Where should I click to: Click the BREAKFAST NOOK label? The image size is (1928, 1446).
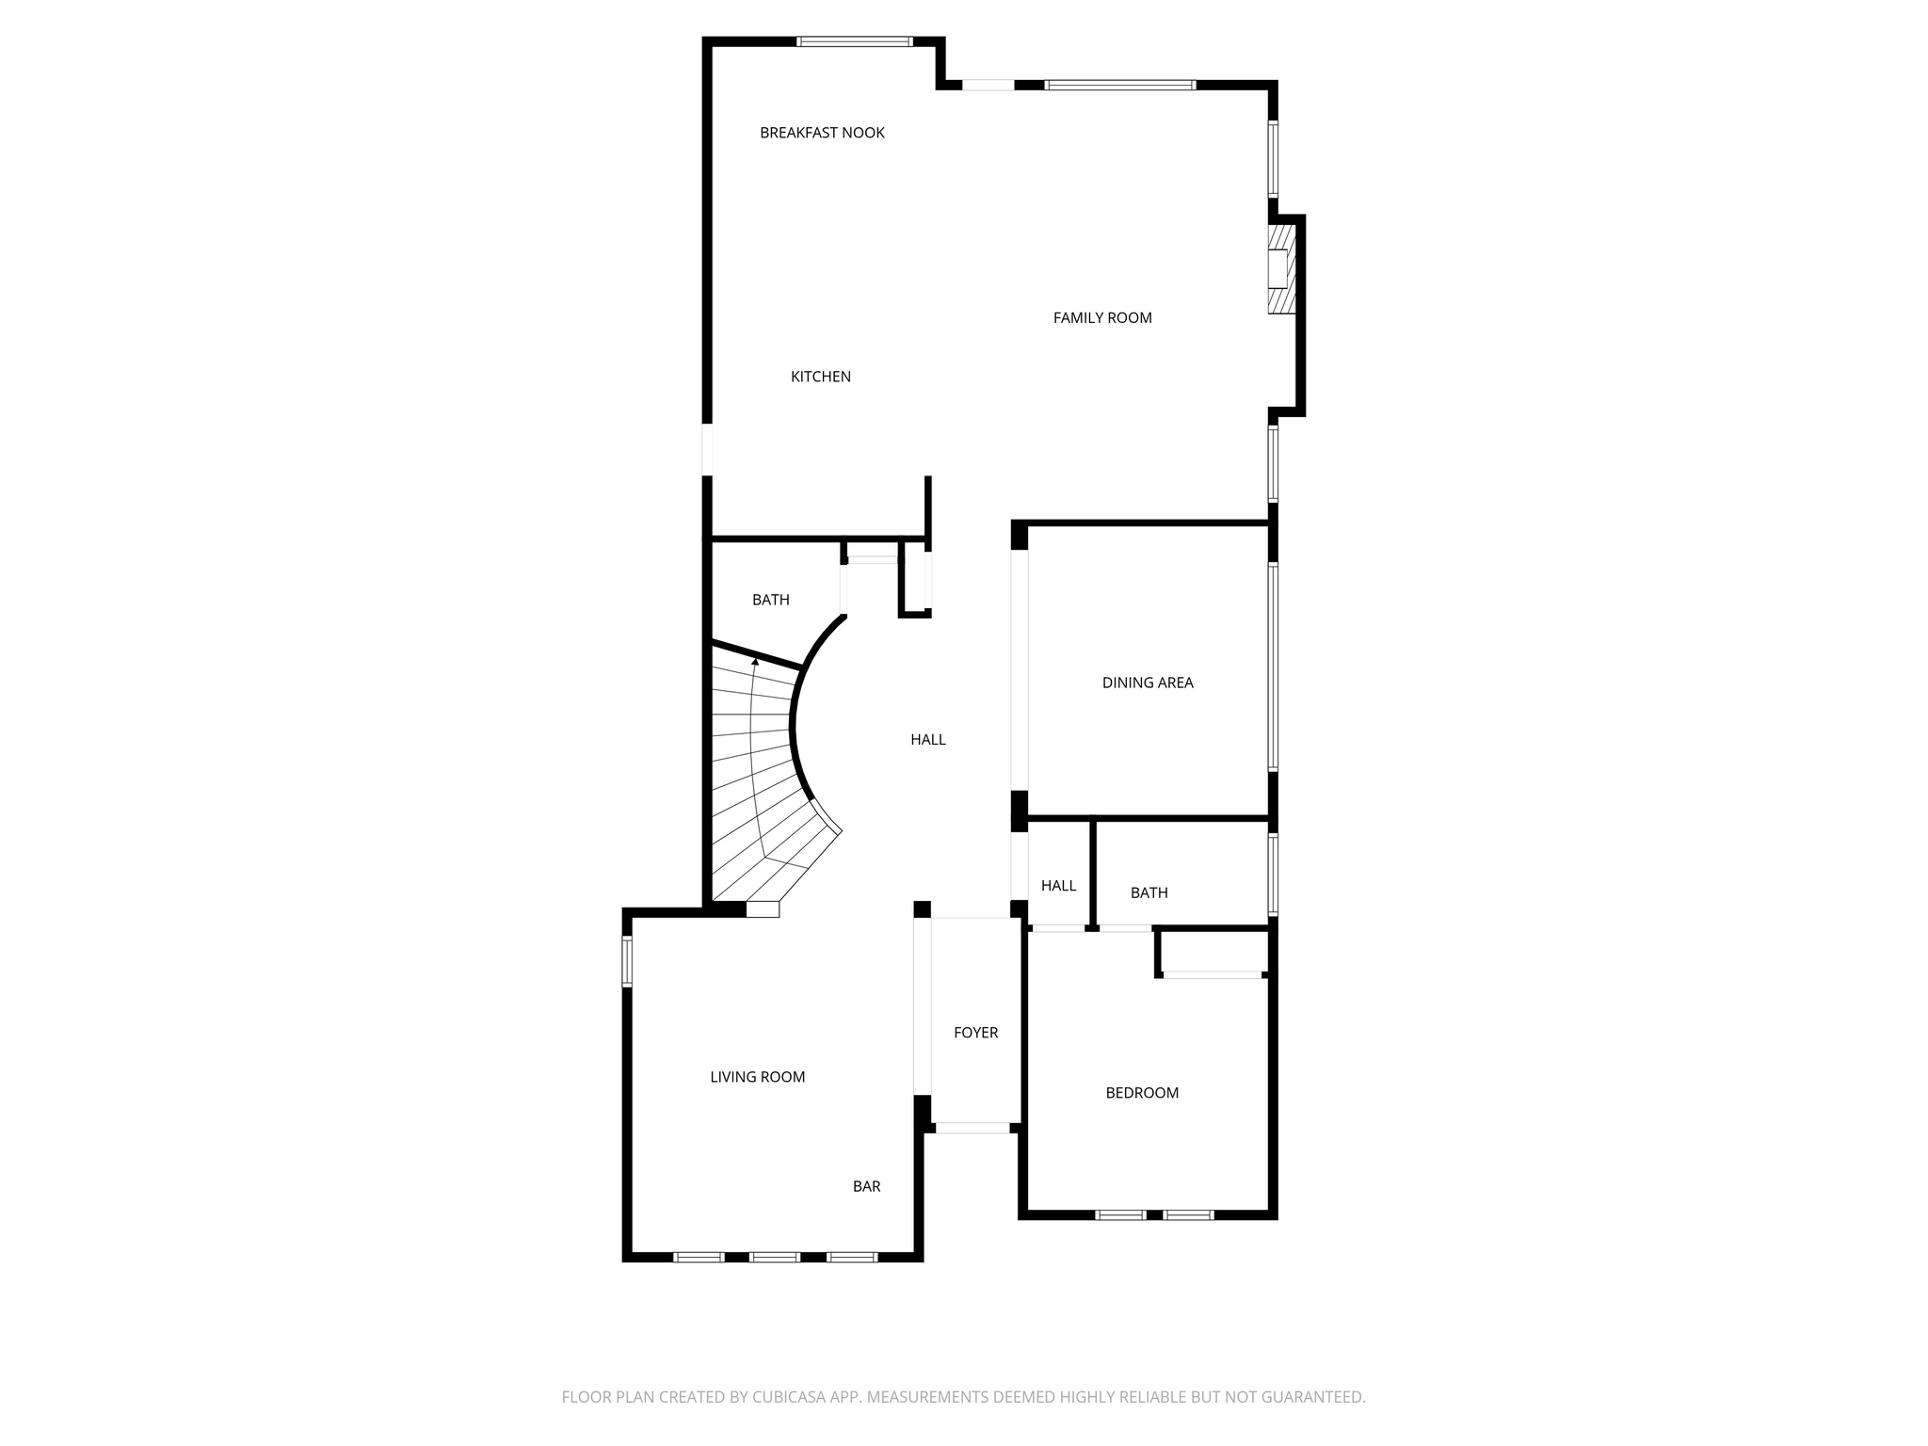point(822,133)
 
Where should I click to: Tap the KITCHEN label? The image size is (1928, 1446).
point(821,377)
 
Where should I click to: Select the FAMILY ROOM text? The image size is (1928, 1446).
point(1102,318)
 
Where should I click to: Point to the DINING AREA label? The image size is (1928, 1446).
point(1148,683)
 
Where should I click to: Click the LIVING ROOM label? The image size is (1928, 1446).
point(758,1077)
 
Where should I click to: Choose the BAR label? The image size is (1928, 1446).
point(867,1186)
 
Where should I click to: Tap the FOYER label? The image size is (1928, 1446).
point(976,1033)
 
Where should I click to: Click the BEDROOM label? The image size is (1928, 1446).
point(1142,1093)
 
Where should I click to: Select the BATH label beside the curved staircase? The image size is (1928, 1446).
point(771,600)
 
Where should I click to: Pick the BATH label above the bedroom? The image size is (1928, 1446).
point(1149,892)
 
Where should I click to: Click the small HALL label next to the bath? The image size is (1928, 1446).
point(1059,886)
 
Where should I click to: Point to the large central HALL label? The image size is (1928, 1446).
point(928,740)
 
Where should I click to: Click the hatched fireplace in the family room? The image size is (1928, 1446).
point(1281,269)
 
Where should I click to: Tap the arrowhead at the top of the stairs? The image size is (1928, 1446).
point(755,663)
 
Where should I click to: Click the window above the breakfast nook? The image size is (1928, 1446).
point(855,41)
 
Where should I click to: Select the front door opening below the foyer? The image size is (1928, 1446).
point(972,1128)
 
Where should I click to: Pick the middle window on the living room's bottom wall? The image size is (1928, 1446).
point(775,1257)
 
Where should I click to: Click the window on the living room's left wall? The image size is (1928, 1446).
point(627,961)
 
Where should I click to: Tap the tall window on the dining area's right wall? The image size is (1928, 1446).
point(1273,667)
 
